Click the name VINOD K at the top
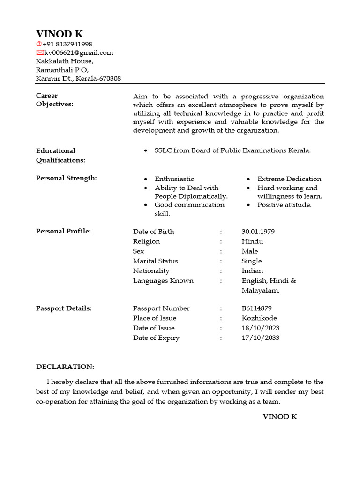60,34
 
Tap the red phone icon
39,44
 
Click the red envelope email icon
40,52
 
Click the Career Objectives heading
54,100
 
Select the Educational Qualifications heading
60,155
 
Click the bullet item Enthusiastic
174,179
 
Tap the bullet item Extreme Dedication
289,179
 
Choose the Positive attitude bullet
284,205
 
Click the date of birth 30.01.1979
258,232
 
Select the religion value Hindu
252,241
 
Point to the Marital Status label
155,261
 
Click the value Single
251,261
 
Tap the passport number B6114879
256,308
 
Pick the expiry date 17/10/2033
260,338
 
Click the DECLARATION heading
65,366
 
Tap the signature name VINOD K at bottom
279,417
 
